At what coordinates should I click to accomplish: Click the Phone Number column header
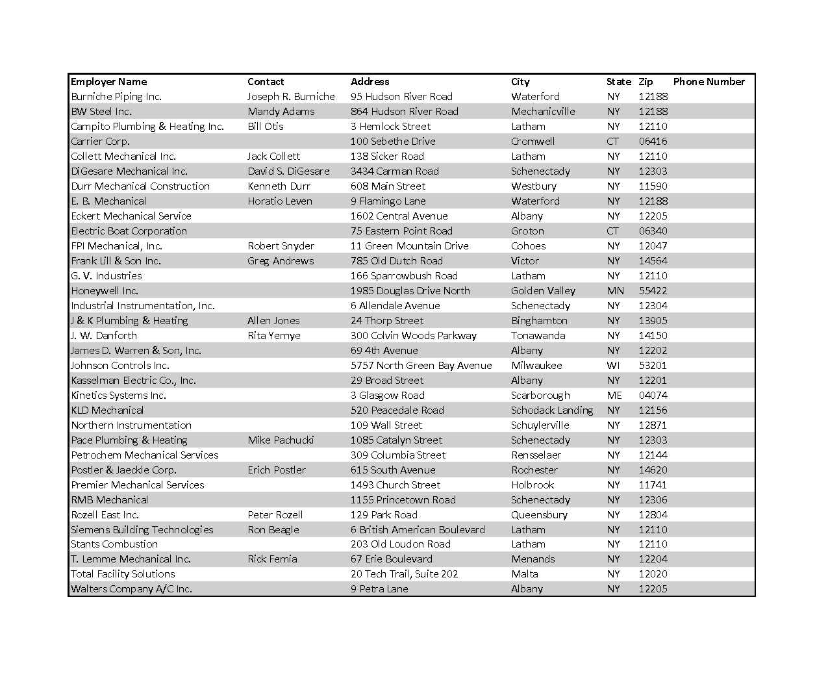pyautogui.click(x=709, y=82)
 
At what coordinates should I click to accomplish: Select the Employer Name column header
pyautogui.click(x=108, y=82)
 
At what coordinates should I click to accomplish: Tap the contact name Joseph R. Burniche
pyautogui.click(x=291, y=97)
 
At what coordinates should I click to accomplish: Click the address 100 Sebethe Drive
pyautogui.click(x=393, y=142)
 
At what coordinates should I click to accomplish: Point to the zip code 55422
pyautogui.click(x=653, y=291)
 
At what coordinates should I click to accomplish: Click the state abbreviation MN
pyautogui.click(x=614, y=291)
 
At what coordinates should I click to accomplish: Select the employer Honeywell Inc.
pyautogui.click(x=105, y=291)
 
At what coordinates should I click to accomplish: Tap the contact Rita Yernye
pyautogui.click(x=273, y=336)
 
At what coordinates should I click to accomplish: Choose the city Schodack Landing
pyautogui.click(x=552, y=410)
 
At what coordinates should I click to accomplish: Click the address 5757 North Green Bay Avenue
pyautogui.click(x=421, y=366)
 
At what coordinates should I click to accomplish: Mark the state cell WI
pyautogui.click(x=613, y=366)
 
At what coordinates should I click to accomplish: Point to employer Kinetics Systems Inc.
pyautogui.click(x=118, y=396)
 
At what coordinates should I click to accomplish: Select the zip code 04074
pyautogui.click(x=653, y=396)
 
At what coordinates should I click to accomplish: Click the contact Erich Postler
pyautogui.click(x=276, y=470)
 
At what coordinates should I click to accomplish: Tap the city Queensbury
pyautogui.click(x=539, y=515)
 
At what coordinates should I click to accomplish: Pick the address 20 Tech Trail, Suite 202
pyautogui.click(x=404, y=574)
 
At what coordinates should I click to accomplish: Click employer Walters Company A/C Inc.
pyautogui.click(x=131, y=589)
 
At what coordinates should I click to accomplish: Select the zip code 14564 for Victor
pyautogui.click(x=653, y=261)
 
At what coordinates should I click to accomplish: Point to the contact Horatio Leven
pyautogui.click(x=279, y=201)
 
